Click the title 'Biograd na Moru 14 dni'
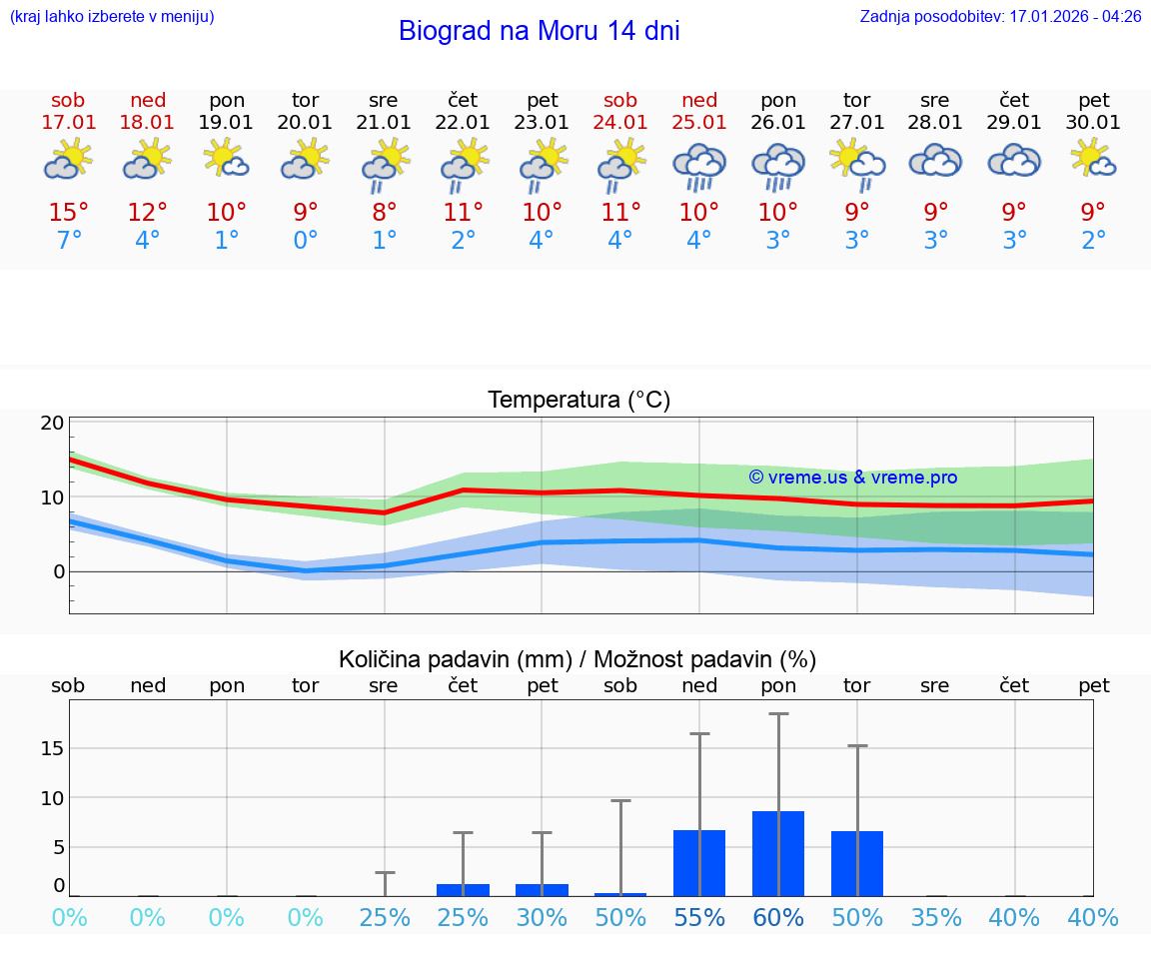(x=539, y=31)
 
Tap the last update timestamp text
(x=1000, y=17)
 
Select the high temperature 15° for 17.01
(x=68, y=213)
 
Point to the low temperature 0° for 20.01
(x=305, y=241)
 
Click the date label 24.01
(x=620, y=123)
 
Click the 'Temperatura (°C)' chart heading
(x=578, y=401)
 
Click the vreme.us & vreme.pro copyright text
(x=852, y=478)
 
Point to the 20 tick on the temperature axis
(x=52, y=423)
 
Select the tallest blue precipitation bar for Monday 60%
(x=778, y=853)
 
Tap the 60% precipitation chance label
(x=778, y=918)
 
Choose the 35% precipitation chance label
(x=936, y=918)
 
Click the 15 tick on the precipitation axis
(x=52, y=748)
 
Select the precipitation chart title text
(x=577, y=659)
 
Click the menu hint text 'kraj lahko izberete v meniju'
(x=111, y=17)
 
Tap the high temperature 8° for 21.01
(x=384, y=213)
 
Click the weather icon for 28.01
(x=935, y=161)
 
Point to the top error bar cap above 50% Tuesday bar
(x=857, y=745)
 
